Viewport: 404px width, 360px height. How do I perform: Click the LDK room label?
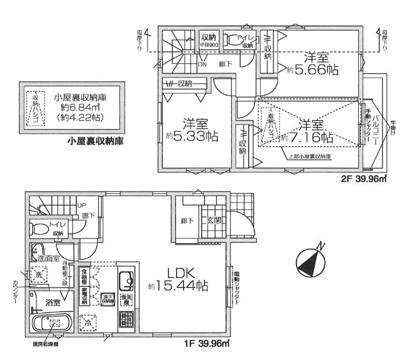coord(178,271)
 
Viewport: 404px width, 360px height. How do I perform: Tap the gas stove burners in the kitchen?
coord(126,319)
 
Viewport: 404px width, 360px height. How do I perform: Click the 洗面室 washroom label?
coord(48,257)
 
